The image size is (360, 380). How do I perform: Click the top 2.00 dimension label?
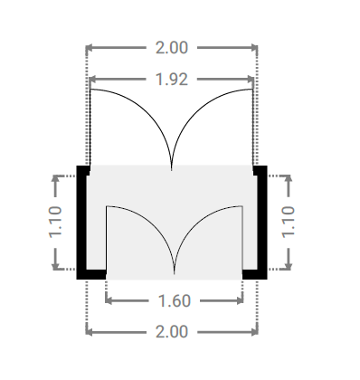172,48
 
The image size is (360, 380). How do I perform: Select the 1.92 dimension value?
172,80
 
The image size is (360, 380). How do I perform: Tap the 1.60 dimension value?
175,301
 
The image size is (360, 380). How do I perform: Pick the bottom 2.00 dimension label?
172,332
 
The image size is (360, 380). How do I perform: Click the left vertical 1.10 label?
55,222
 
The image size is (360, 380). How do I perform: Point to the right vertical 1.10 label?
289,222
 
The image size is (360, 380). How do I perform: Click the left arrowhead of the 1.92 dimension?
92,80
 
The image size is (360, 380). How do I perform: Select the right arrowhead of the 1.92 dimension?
251,80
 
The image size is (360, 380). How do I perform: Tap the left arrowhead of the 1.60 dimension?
109,300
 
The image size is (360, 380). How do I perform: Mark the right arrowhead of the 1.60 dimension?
240,300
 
